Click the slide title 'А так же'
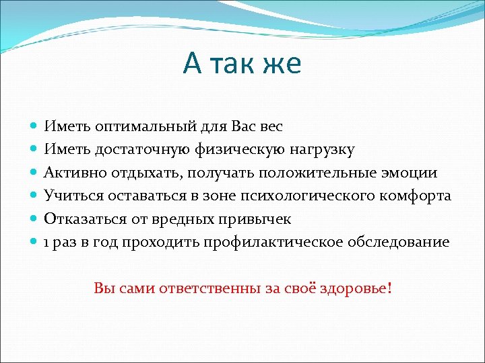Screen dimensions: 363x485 [x=243, y=64]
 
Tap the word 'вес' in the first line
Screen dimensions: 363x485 [x=269, y=126]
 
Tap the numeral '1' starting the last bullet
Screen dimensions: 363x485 [x=47, y=242]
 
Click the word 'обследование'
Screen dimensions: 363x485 [x=397, y=242]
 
